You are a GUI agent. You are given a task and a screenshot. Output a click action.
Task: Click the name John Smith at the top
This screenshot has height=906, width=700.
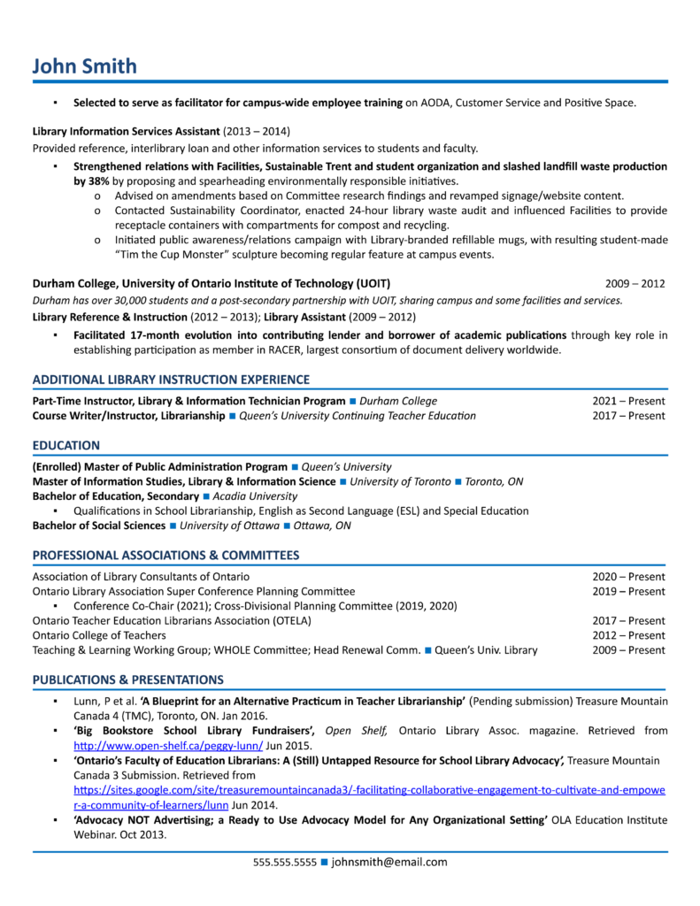(x=85, y=65)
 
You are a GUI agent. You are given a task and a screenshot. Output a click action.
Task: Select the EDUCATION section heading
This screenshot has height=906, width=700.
(x=66, y=445)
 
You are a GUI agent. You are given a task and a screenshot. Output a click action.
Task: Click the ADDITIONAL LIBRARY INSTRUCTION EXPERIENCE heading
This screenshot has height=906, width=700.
(x=171, y=380)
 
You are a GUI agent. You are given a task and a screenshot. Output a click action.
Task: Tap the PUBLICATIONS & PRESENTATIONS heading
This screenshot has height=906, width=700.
(x=128, y=679)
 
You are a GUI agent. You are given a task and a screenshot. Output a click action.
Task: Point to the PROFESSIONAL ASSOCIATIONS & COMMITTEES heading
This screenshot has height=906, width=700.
(x=165, y=555)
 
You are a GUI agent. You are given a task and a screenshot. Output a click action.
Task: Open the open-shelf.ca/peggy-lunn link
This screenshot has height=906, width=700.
(x=168, y=746)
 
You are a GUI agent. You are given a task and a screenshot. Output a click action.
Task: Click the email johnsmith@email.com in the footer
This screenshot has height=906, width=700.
(x=389, y=862)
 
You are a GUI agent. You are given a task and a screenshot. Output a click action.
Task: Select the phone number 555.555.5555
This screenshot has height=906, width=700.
(x=284, y=862)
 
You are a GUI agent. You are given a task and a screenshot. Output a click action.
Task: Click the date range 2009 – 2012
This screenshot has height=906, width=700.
(x=635, y=284)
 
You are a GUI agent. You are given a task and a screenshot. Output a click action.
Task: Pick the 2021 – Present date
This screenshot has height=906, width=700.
(x=628, y=401)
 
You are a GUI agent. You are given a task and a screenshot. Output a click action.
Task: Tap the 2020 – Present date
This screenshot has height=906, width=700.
(x=628, y=576)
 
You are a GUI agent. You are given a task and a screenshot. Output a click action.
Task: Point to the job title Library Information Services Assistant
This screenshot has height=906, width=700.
(x=126, y=131)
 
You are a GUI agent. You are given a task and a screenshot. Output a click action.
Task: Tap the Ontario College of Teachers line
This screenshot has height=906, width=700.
(x=99, y=635)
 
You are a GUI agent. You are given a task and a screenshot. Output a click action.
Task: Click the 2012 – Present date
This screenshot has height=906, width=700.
(x=628, y=635)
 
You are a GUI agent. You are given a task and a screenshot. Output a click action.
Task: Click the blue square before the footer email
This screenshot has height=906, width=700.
(x=324, y=862)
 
